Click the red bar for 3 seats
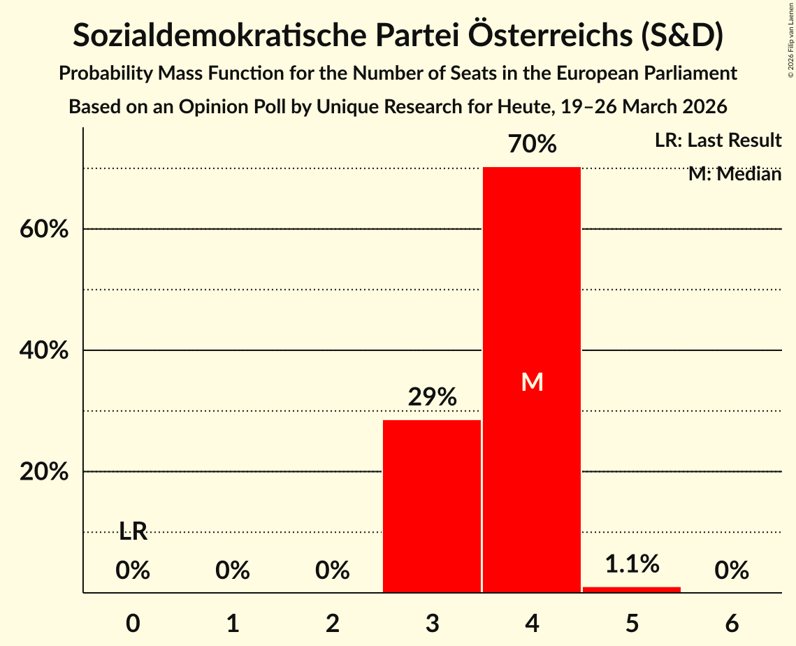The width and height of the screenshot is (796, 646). [432, 506]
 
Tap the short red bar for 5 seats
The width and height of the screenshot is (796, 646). [632, 589]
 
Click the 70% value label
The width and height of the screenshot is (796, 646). [532, 145]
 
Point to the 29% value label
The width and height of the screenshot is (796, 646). [432, 398]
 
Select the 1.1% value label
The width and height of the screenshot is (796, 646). [632, 564]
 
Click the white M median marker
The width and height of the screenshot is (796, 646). [532, 382]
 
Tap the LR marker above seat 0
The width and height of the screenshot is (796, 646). [133, 532]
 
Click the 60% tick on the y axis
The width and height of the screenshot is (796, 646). [48, 229]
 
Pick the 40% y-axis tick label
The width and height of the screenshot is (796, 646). [48, 350]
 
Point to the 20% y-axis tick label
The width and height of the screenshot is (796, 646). [48, 472]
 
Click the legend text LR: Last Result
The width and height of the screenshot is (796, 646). [718, 141]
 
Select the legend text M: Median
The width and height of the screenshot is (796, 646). [735, 174]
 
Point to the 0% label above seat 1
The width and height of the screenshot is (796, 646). [233, 571]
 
